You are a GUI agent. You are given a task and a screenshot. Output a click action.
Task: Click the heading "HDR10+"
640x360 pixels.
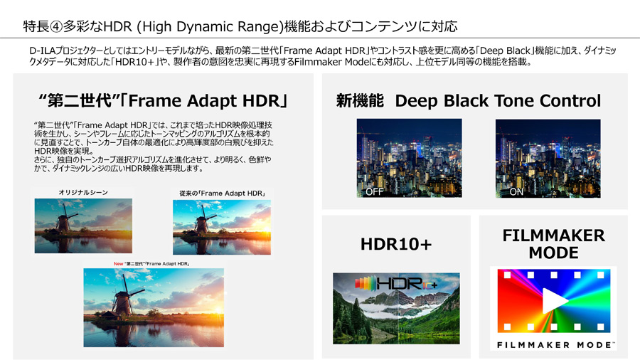click(x=395, y=244)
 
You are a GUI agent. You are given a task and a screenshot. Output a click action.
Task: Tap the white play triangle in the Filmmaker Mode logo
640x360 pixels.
click(x=554, y=301)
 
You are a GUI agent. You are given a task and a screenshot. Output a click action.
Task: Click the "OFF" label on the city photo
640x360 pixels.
click(x=374, y=191)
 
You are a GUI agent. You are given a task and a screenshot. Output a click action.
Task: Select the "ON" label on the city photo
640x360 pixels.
click(x=516, y=191)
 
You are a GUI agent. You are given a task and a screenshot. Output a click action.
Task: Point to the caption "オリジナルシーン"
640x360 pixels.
click(x=83, y=192)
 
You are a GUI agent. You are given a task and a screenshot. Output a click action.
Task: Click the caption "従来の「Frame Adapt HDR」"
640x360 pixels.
click(x=222, y=193)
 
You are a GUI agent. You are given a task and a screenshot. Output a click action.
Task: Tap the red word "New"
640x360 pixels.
click(x=118, y=264)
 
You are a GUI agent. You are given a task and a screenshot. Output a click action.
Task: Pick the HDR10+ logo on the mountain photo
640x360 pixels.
click(x=396, y=283)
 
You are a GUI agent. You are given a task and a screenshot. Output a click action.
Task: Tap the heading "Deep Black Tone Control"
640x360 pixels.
click(x=498, y=101)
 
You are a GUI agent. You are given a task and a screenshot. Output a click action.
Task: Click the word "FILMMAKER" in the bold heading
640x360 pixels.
click(x=553, y=235)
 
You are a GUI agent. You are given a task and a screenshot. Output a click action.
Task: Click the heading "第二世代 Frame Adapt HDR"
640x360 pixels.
click(x=163, y=101)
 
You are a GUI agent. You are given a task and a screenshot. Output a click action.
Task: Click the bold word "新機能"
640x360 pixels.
click(x=360, y=101)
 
